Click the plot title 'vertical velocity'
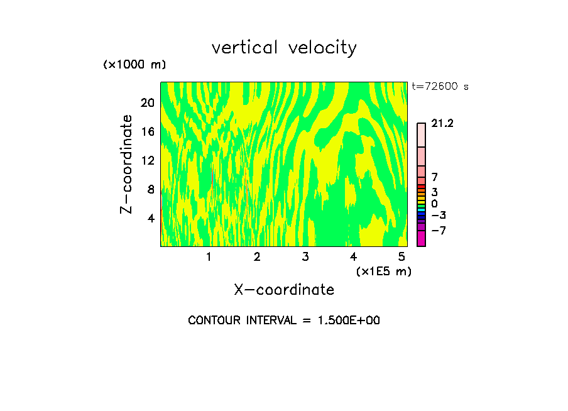(284, 48)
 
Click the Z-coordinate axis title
(127, 164)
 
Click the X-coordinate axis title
(284, 290)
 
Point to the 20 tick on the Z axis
(147, 102)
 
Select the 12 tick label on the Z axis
(147, 160)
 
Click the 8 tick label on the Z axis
(150, 189)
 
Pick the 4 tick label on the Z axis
(150, 218)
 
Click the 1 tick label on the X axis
(209, 256)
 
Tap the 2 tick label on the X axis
(257, 256)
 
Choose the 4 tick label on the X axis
(353, 256)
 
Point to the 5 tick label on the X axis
(401, 256)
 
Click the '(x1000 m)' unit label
(134, 65)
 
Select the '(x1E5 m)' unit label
(383, 271)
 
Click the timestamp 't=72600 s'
(440, 87)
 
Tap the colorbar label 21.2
(442, 124)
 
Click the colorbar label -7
(439, 231)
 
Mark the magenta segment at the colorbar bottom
(421, 238)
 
